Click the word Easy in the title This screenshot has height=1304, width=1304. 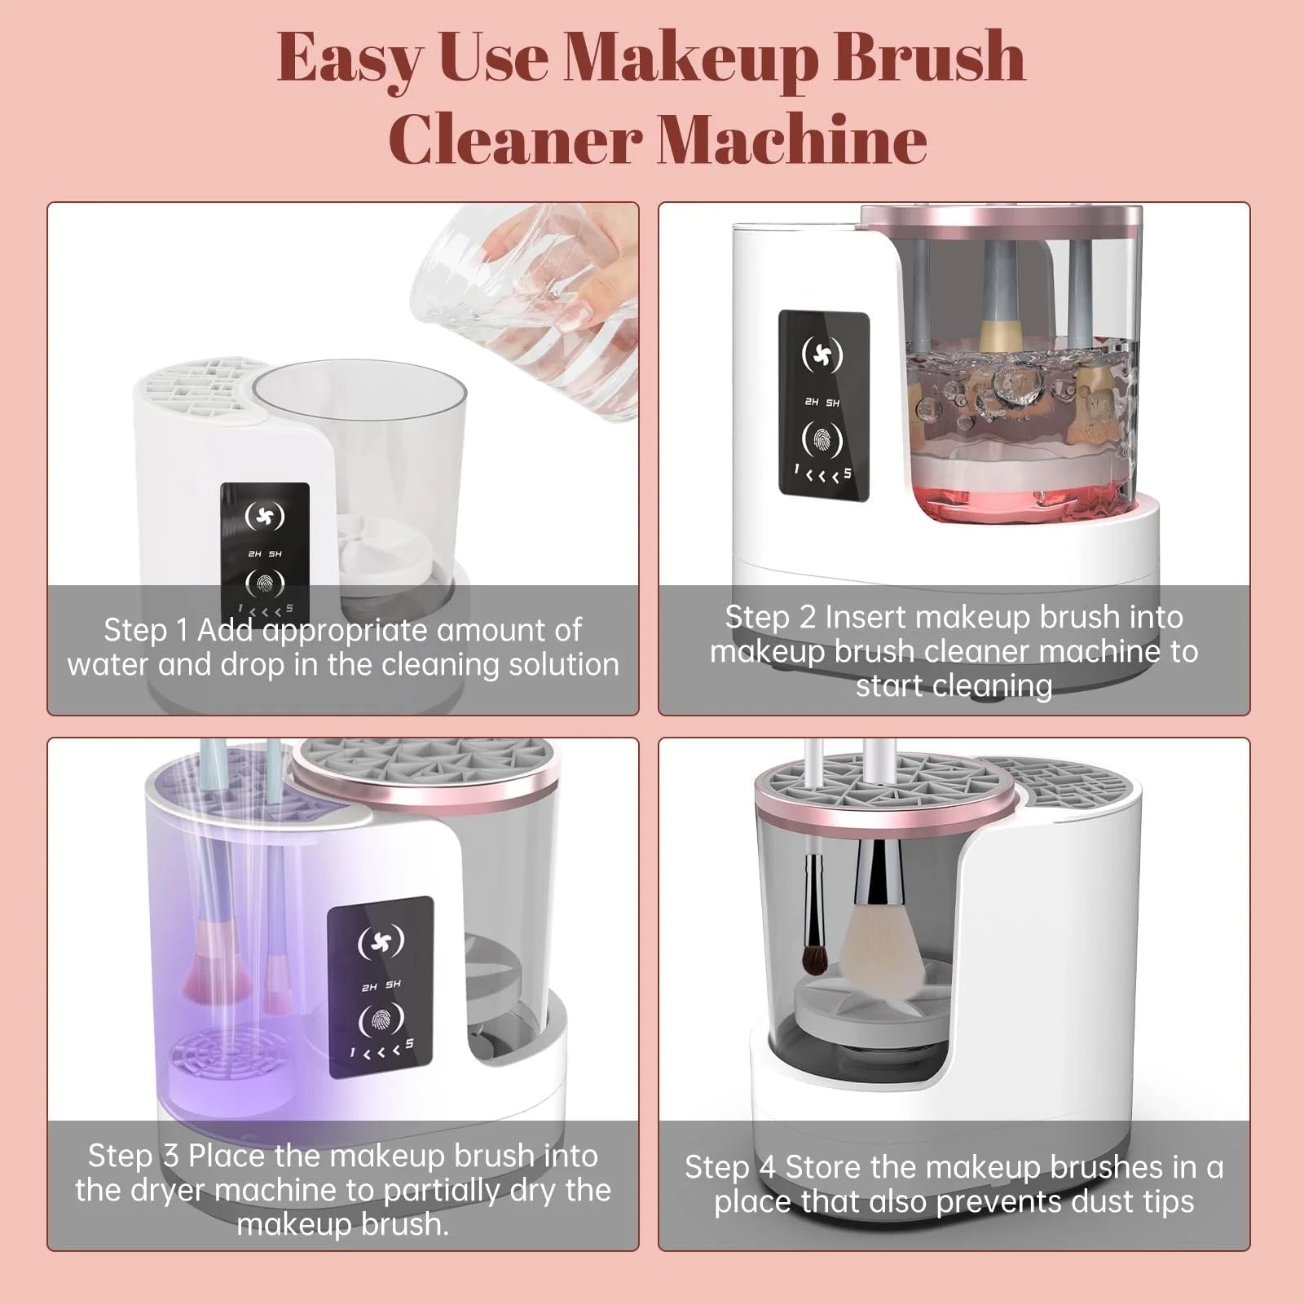point(351,59)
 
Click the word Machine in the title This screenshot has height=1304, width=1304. point(791,139)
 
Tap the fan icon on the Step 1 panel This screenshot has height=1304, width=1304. point(265,515)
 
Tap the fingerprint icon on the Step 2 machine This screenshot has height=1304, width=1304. point(823,439)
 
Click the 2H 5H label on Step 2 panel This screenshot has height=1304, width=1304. point(822,402)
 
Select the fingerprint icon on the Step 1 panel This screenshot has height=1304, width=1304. point(265,582)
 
